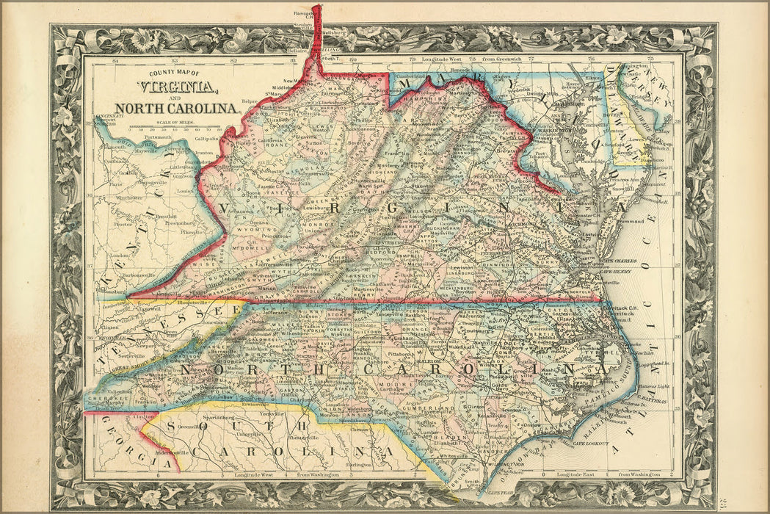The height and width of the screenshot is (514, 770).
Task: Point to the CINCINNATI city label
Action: point(109,116)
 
